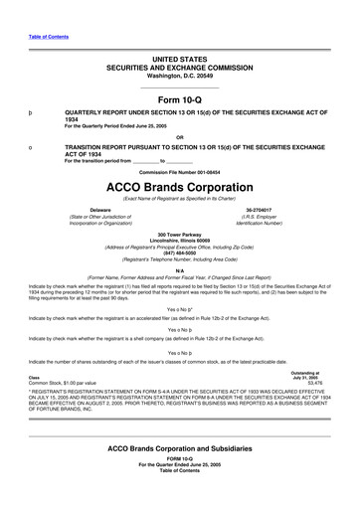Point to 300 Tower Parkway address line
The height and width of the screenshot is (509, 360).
[180, 233]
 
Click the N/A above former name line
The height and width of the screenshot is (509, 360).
[180, 269]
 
